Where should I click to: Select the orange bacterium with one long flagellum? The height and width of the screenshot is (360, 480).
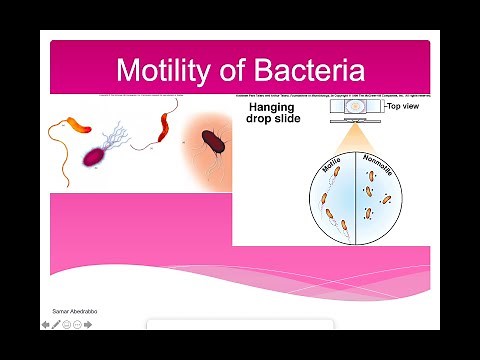tap(76, 127)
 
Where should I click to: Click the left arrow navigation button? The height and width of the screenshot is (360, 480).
tap(44, 324)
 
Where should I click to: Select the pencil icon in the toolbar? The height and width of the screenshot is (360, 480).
tap(56, 324)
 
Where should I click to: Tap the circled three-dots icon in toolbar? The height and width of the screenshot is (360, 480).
tap(79, 324)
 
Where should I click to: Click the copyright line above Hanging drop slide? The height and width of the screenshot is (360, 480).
tap(331, 96)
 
